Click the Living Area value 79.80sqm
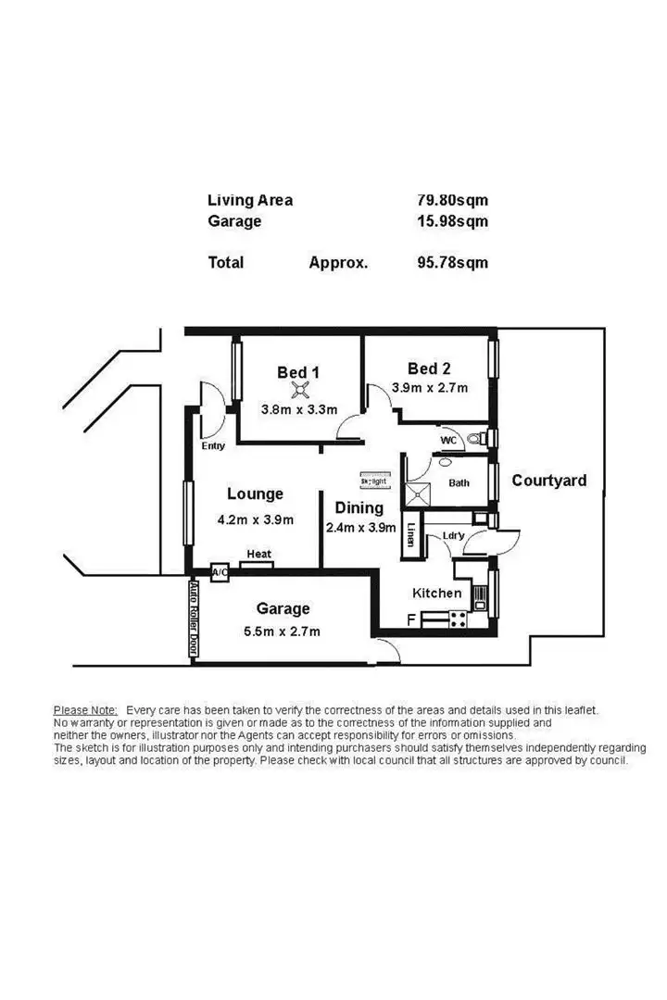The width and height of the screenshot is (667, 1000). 452,200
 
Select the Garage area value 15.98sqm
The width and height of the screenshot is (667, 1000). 452,221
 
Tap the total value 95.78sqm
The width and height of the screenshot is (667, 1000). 452,262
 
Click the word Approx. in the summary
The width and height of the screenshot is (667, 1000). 338,262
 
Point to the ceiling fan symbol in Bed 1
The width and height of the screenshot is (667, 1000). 298,390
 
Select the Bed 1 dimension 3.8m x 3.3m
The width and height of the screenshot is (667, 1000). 297,409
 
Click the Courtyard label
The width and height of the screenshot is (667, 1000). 549,481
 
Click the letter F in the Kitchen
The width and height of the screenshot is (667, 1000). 411,621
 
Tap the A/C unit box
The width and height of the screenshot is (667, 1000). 220,573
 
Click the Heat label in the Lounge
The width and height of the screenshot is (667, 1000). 258,555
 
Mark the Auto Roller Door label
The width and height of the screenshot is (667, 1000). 194,619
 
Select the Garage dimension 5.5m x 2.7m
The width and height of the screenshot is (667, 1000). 283,631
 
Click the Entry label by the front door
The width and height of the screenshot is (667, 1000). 213,446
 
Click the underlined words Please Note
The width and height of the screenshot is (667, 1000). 85,709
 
